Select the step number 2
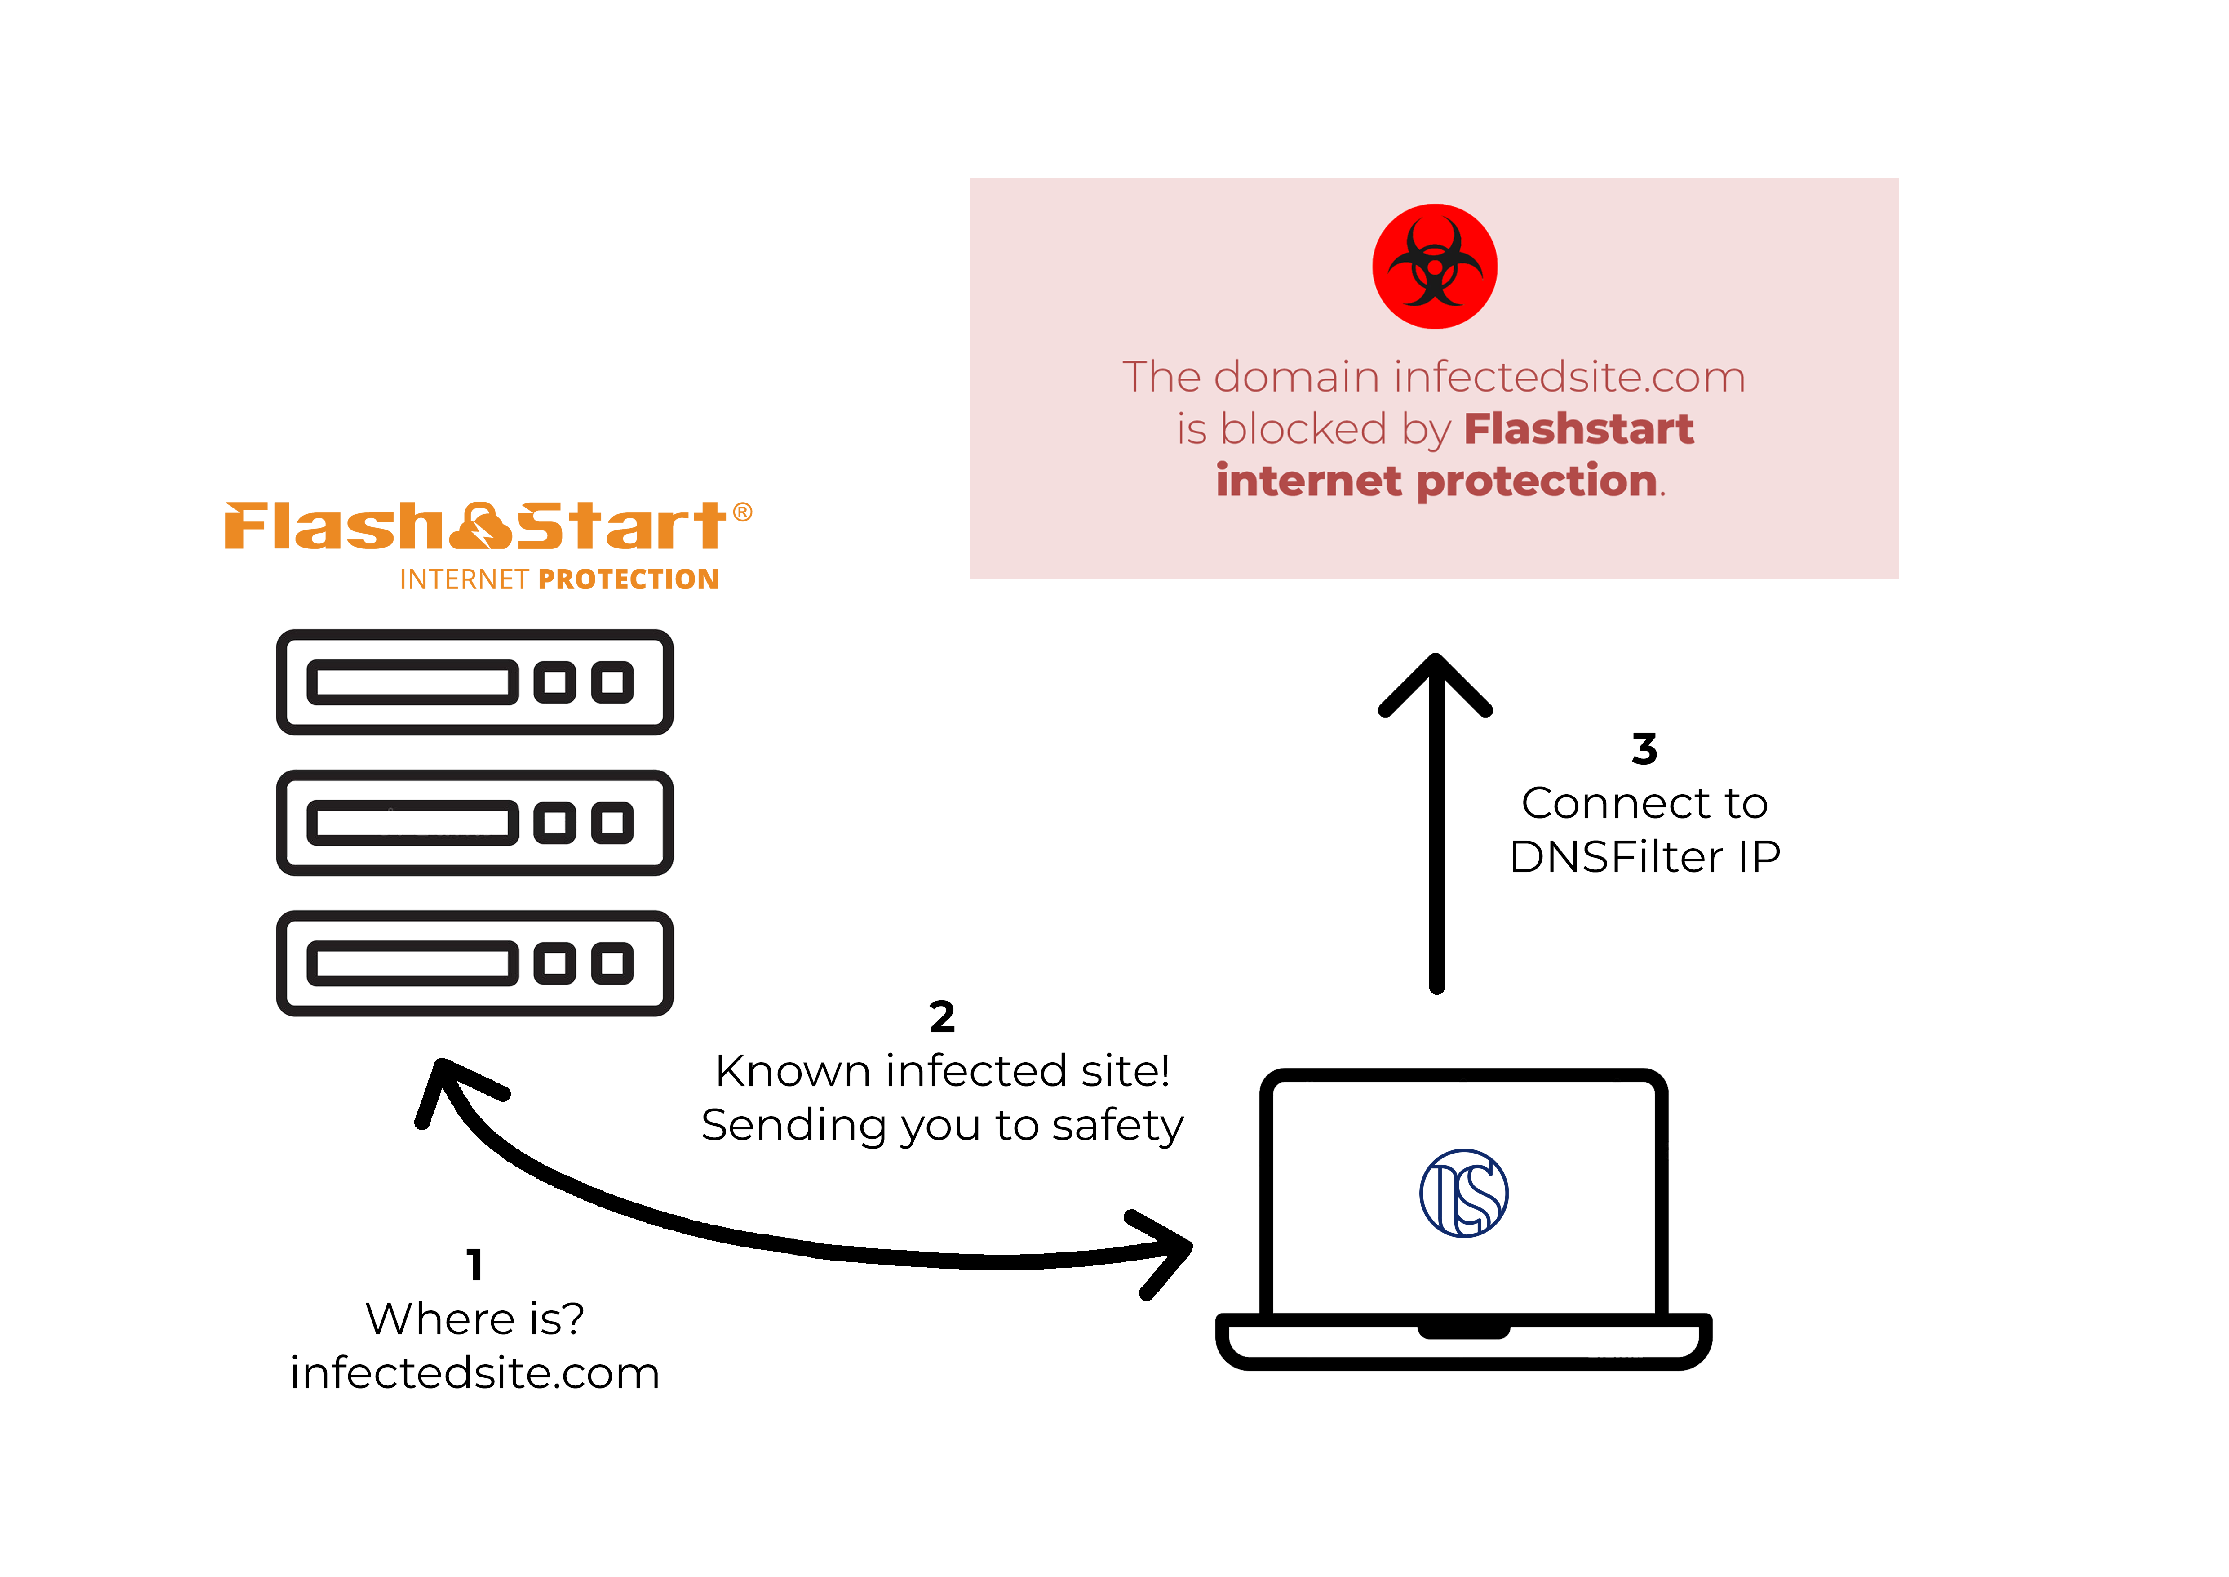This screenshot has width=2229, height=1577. (942, 1017)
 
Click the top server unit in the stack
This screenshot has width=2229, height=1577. (475, 682)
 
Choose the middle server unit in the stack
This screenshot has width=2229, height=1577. (475, 823)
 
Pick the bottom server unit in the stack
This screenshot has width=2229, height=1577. (475, 963)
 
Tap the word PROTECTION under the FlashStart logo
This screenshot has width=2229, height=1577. (628, 580)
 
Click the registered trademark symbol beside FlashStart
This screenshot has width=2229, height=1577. (743, 512)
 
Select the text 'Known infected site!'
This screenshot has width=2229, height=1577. (942, 1071)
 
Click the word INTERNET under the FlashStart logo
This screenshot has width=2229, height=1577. (464, 580)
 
